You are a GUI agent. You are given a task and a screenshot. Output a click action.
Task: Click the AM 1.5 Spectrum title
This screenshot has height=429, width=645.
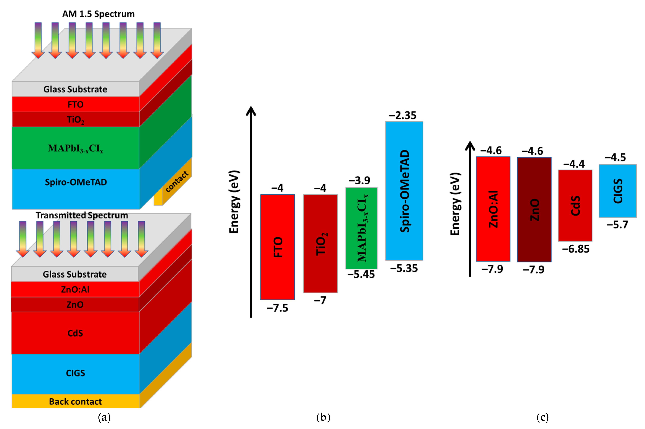(x=98, y=14)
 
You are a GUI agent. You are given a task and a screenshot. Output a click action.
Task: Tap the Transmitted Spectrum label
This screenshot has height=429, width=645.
(x=82, y=215)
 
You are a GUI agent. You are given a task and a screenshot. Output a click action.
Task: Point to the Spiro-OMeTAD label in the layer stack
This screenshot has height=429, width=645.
(x=76, y=182)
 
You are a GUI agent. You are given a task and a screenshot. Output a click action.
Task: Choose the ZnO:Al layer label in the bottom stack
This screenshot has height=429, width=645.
(x=75, y=290)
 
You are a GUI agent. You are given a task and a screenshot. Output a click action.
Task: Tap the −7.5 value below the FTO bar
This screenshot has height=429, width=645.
(x=277, y=308)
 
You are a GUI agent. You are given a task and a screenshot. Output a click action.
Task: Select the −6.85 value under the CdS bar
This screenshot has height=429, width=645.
(x=575, y=249)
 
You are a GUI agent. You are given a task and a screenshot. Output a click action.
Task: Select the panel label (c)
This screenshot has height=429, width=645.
(x=543, y=418)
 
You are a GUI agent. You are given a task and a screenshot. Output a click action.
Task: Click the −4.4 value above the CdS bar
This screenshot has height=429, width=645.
(x=574, y=164)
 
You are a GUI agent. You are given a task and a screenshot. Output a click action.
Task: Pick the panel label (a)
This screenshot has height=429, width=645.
(x=104, y=418)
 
